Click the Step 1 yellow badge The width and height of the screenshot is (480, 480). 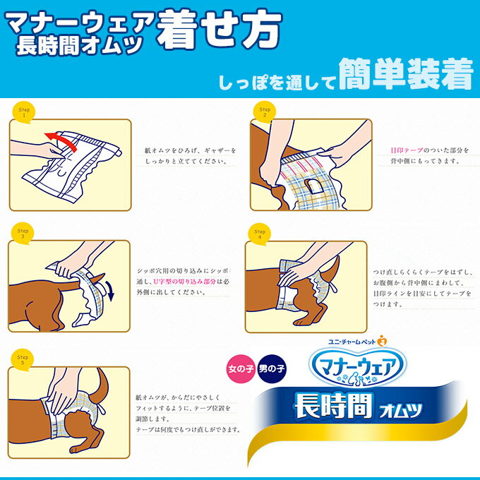23,112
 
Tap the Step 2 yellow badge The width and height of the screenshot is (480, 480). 265,112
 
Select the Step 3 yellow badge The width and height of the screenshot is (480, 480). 23,233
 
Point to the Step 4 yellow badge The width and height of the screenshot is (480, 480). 259,234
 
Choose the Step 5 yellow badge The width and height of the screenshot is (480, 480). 22,360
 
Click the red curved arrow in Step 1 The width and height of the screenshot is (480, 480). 61,139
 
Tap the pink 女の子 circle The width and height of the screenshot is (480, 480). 241,368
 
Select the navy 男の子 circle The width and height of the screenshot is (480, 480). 271,368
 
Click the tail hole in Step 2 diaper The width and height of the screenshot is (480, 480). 312,186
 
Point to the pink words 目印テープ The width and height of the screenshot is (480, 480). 407,150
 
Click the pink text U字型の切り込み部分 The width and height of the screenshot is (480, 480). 184,282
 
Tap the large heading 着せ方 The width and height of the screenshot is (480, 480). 219,29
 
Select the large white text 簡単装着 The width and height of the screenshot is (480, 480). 406,74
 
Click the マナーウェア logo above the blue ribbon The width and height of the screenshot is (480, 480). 358,367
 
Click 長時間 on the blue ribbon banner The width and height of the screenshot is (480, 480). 333,406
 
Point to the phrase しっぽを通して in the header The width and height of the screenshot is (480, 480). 277,82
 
